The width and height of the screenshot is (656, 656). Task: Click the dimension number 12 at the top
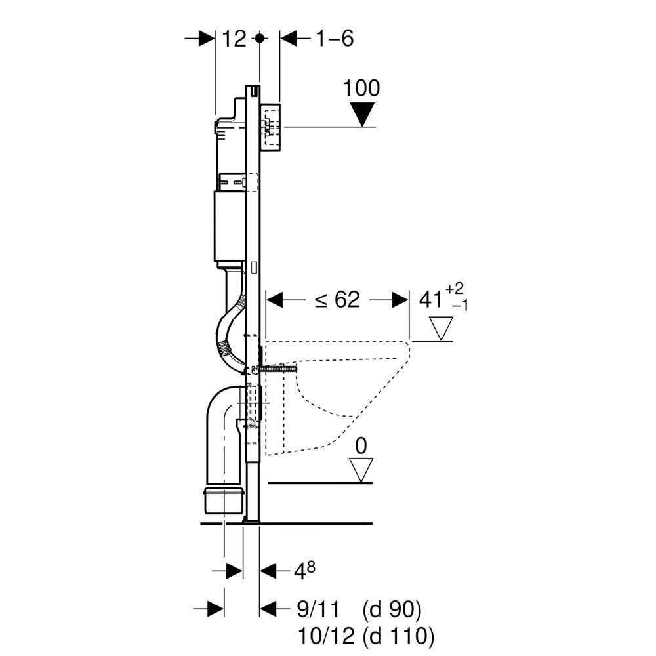234,39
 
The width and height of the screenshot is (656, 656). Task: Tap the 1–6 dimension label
335,39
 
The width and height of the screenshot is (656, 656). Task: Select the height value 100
361,89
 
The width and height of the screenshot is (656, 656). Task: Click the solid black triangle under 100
361,114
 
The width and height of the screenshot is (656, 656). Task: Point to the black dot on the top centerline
260,39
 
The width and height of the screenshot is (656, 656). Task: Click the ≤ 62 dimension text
338,300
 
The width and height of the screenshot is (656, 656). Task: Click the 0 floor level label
361,446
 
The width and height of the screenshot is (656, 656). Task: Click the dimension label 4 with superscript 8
304,570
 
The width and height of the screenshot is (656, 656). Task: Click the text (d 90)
392,609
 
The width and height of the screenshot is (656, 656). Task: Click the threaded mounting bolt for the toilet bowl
278,369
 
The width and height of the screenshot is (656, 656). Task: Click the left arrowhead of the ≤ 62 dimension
275,300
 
